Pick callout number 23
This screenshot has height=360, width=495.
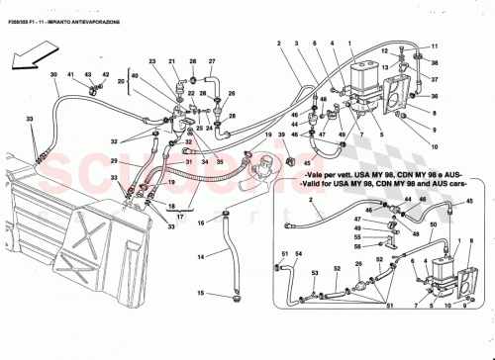click(x=153, y=61)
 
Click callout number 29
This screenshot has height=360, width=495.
click(x=115, y=161)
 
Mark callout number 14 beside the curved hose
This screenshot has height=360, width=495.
click(x=200, y=256)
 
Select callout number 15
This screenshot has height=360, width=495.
click(x=200, y=293)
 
